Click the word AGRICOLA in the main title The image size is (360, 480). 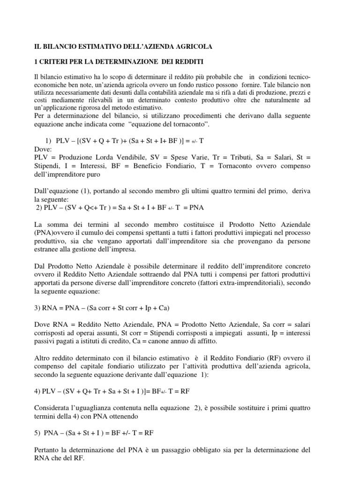(192, 46)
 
